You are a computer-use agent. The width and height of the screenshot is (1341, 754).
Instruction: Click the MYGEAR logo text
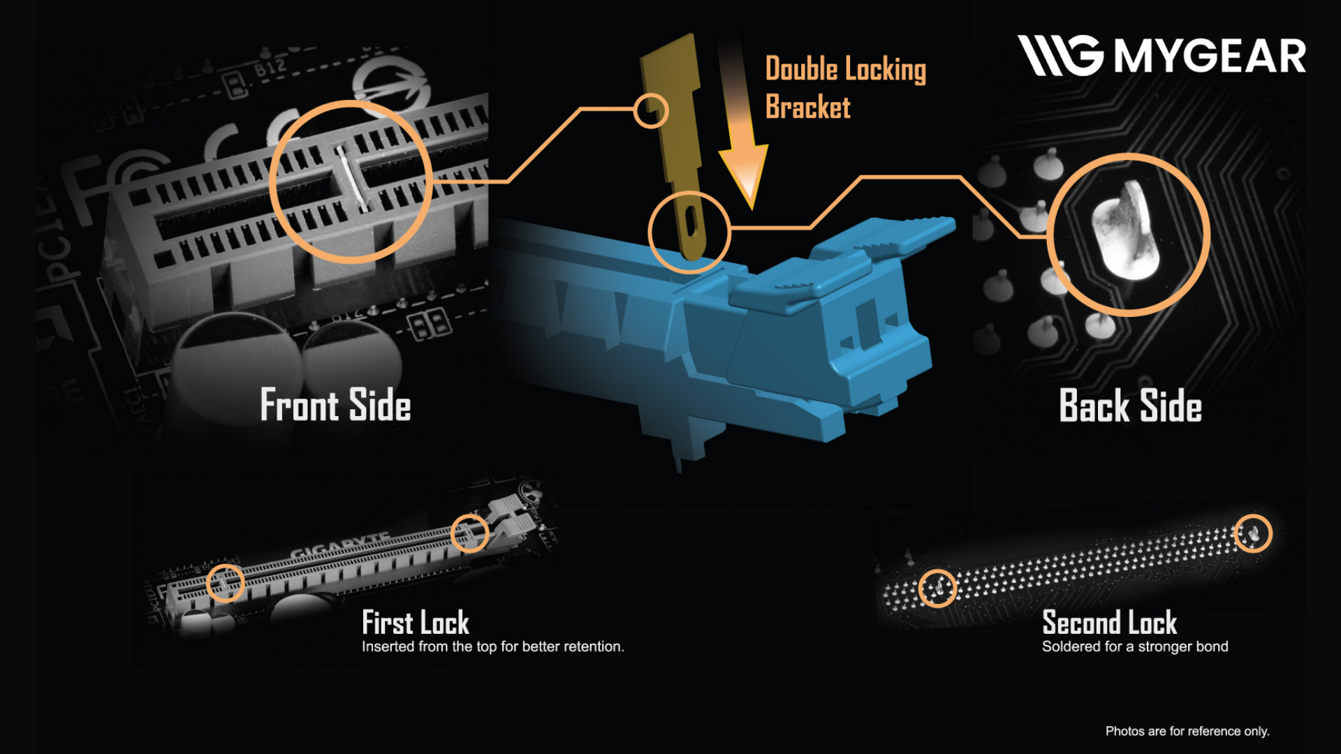point(1209,56)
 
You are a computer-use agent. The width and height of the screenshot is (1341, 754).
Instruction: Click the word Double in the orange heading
point(801,69)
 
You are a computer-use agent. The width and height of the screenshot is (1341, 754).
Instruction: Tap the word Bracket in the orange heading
point(808,108)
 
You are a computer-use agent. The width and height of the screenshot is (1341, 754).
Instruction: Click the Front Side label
point(335,405)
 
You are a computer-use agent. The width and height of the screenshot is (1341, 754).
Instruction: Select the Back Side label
point(1130,406)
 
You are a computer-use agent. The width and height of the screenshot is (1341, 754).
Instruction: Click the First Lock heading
point(416,622)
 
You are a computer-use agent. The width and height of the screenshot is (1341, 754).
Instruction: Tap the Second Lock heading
point(1109,622)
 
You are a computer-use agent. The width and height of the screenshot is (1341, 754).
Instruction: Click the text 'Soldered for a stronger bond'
point(1135,646)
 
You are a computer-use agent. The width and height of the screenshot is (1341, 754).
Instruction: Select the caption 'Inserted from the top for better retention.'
point(492,646)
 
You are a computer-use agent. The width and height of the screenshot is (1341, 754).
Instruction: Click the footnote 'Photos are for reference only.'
point(1187,731)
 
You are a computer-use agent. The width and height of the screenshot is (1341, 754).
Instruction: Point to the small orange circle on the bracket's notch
point(651,111)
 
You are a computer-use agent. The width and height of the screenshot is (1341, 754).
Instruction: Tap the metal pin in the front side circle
point(351,178)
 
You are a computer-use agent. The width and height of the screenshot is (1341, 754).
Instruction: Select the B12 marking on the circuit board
point(270,68)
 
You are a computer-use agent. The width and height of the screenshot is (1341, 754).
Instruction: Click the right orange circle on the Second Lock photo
point(1253,533)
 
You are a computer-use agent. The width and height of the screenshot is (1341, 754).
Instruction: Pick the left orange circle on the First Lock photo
point(226,582)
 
